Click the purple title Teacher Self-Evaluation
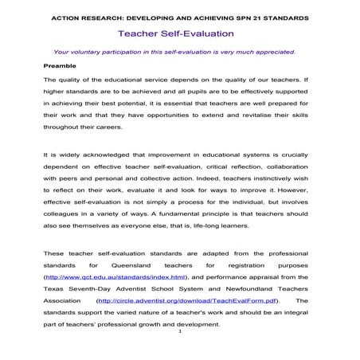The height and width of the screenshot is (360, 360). (175, 34)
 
